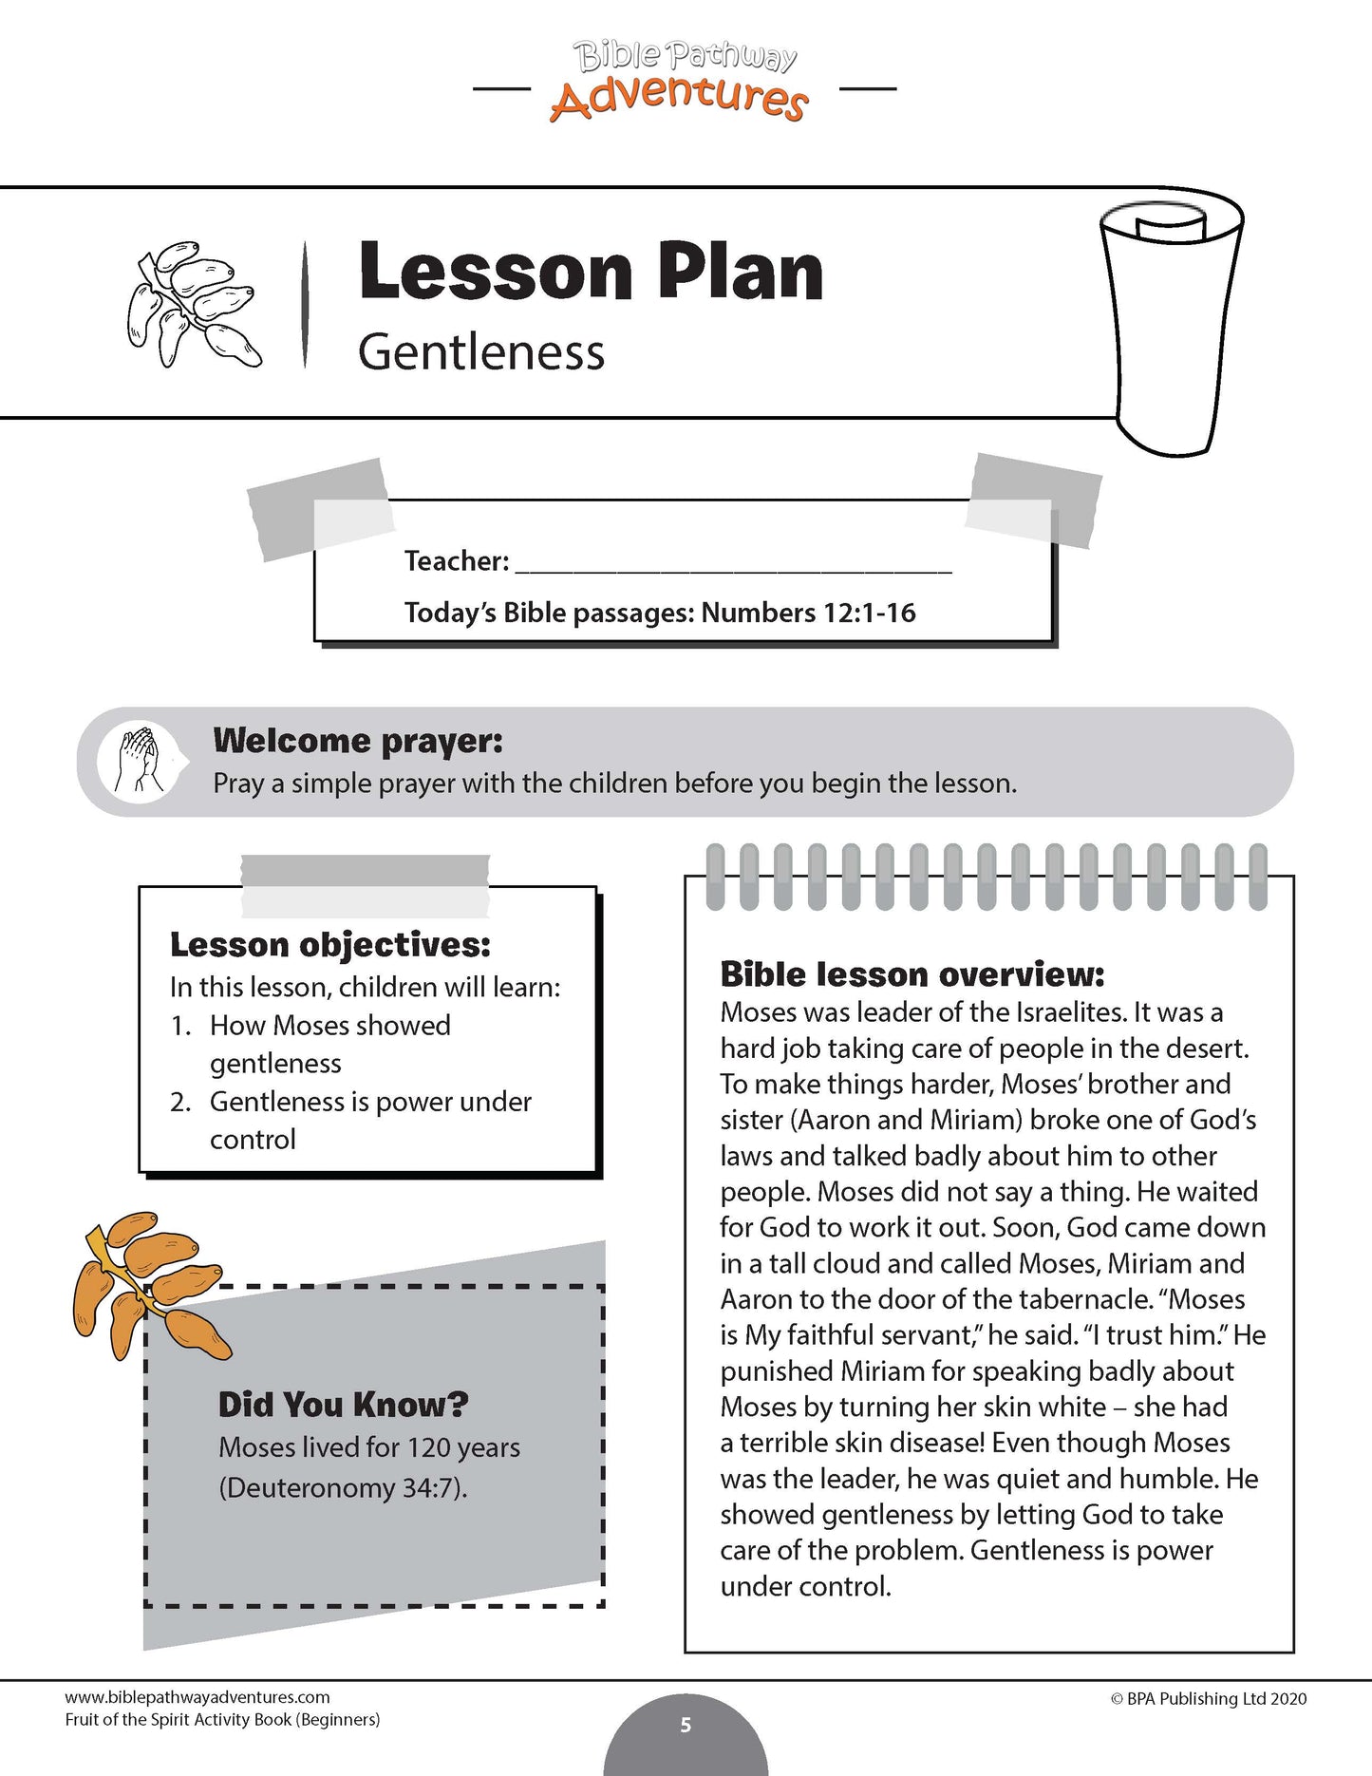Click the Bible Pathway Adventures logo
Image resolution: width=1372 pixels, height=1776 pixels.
point(682,83)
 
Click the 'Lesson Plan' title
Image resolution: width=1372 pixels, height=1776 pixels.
point(590,272)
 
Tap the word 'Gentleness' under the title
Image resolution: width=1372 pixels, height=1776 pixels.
point(480,353)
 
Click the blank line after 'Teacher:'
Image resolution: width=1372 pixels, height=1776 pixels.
point(732,563)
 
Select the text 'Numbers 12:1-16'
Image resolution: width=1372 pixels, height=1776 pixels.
point(808,613)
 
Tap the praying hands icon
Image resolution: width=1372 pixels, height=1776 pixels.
point(139,761)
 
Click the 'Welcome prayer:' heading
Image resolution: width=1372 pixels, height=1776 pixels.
point(358,741)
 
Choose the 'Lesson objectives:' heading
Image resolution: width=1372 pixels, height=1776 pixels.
point(330,945)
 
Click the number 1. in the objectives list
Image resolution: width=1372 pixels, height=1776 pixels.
point(180,1026)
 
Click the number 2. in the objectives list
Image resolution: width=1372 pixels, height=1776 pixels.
point(180,1102)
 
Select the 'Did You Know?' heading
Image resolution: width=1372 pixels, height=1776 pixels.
point(344,1405)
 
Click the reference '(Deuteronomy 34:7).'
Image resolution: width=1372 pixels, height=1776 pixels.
point(343,1487)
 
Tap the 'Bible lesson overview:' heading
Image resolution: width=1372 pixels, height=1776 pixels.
point(912,974)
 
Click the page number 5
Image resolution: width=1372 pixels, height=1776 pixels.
point(686,1725)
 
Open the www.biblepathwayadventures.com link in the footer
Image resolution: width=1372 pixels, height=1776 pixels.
point(197,1697)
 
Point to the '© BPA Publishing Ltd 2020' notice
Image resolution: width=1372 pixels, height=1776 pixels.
point(1208,1699)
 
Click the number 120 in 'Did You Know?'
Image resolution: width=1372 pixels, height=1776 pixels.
point(428,1447)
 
